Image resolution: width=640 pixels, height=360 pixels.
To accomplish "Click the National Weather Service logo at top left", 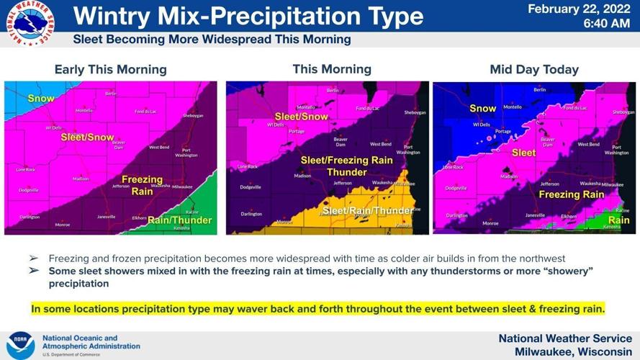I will (30, 24).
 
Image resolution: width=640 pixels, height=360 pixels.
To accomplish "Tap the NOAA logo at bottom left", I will (20, 345).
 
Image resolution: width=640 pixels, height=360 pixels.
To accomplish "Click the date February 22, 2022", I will (580, 9).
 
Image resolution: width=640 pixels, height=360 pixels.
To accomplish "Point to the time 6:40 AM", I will (606, 24).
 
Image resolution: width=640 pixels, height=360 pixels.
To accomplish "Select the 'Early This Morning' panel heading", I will (110, 70).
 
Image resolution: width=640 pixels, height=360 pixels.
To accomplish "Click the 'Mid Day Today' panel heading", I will (534, 70).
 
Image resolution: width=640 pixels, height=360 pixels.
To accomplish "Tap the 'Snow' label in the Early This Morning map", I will (41, 98).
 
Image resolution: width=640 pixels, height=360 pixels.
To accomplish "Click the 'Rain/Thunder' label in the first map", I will (179, 220).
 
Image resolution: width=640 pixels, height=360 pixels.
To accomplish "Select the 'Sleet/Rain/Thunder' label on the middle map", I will (368, 211).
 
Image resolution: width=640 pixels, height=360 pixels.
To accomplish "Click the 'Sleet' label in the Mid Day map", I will (523, 153).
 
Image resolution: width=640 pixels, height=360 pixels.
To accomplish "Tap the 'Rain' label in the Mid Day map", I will (618, 220).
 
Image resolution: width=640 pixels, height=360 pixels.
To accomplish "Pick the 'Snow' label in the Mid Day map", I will (482, 109).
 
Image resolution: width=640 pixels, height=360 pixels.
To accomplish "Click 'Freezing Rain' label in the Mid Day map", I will (571, 194).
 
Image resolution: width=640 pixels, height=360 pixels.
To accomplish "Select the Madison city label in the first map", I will (81, 179).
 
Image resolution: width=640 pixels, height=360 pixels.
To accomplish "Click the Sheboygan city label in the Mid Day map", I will (623, 112).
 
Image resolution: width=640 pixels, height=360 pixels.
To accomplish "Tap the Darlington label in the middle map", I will (251, 214).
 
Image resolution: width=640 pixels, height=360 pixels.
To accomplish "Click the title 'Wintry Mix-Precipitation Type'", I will (248, 16).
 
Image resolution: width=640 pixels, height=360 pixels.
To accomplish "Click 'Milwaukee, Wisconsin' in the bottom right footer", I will (573, 351).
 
